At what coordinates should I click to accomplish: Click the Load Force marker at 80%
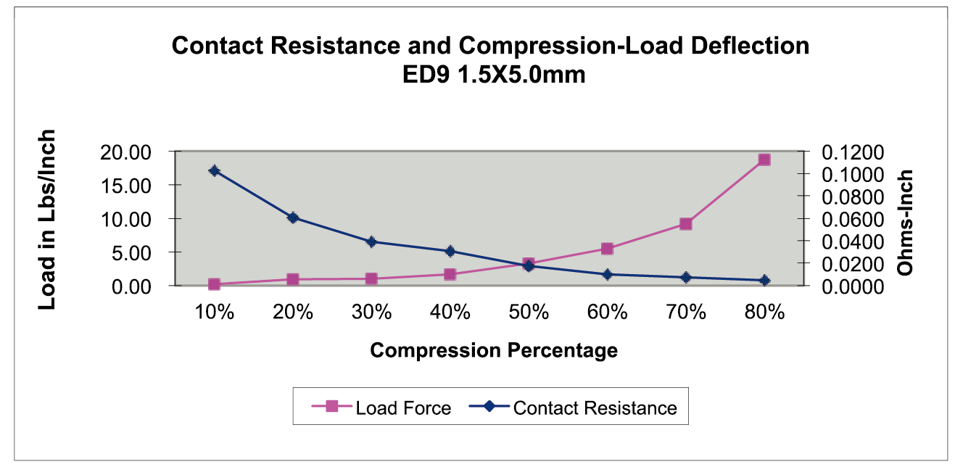[764, 160]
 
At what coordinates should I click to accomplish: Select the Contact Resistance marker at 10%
[214, 171]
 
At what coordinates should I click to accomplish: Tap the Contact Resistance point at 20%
[293, 218]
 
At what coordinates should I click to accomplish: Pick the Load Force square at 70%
[685, 224]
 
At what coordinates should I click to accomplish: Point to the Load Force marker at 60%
[607, 249]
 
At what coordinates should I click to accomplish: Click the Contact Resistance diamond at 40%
[450, 252]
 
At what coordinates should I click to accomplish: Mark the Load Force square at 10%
[214, 284]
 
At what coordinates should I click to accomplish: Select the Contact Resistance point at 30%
[371, 242]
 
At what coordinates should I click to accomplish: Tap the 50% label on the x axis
[529, 313]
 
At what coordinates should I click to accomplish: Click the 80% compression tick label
[764, 313]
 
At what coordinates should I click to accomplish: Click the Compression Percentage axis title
[494, 351]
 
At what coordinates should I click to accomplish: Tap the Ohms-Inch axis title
[904, 222]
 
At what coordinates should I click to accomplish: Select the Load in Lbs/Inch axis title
[47, 220]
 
